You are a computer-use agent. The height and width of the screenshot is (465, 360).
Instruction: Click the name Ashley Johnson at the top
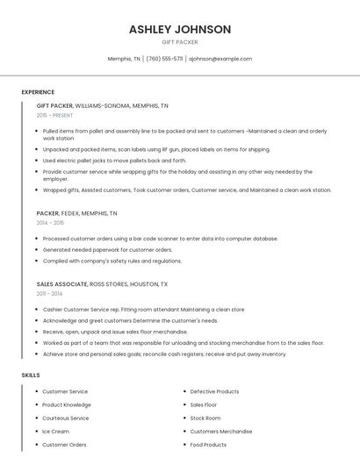tap(180, 29)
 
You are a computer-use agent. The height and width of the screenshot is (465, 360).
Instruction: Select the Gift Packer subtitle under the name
tap(180, 42)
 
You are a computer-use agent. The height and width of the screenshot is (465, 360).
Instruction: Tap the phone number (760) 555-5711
tap(164, 59)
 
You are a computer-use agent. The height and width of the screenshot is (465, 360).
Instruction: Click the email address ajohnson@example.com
tap(220, 59)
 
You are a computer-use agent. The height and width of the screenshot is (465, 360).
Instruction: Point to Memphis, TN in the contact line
tap(124, 59)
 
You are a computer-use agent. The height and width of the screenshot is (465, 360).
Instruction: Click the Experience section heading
tap(38, 92)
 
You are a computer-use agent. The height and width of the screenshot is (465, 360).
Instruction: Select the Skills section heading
tap(31, 376)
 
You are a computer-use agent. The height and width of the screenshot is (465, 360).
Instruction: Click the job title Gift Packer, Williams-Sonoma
tap(102, 105)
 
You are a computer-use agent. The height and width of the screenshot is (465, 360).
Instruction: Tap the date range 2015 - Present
tap(54, 115)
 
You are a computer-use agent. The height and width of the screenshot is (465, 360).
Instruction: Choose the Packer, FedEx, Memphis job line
tap(76, 213)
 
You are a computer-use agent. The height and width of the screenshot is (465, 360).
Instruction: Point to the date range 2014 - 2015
tap(50, 223)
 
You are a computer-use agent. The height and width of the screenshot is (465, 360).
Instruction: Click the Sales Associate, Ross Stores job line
tap(102, 284)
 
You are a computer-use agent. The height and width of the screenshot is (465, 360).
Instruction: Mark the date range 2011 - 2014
tap(49, 294)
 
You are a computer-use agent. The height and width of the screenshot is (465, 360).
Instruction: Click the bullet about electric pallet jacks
tap(114, 161)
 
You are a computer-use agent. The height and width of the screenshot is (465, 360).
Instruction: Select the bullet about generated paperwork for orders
tap(107, 249)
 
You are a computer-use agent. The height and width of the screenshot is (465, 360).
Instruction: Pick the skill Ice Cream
tap(55, 432)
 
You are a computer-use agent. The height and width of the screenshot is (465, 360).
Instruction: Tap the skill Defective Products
tap(214, 391)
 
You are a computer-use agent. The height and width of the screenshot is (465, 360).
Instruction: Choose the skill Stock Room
tap(205, 418)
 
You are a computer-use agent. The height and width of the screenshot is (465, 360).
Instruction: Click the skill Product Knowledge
tap(67, 404)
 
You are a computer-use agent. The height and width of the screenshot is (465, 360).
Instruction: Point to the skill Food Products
tap(208, 445)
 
